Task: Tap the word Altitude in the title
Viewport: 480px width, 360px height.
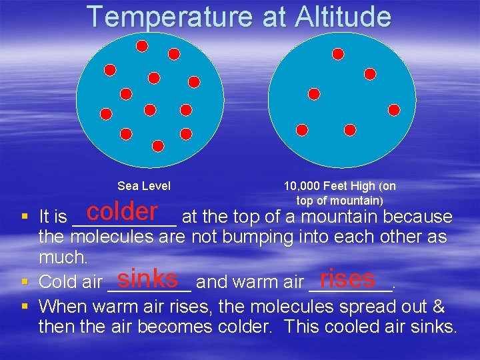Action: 340,17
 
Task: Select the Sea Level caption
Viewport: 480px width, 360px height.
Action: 144,186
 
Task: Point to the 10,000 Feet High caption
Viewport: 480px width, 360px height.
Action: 339,186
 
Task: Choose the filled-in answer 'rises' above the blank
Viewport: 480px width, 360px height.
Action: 347,277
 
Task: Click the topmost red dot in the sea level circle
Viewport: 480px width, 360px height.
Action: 142,46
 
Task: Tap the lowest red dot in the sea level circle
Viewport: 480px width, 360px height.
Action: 158,145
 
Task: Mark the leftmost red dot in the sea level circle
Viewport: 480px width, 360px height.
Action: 105,113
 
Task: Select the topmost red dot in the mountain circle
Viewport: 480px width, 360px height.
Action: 338,53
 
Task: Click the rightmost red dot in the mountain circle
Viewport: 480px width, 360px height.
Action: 394,109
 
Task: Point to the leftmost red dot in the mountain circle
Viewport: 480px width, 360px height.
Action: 302,129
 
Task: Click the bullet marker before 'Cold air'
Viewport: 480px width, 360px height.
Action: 24,282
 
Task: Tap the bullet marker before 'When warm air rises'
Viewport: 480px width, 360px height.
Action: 24,307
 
